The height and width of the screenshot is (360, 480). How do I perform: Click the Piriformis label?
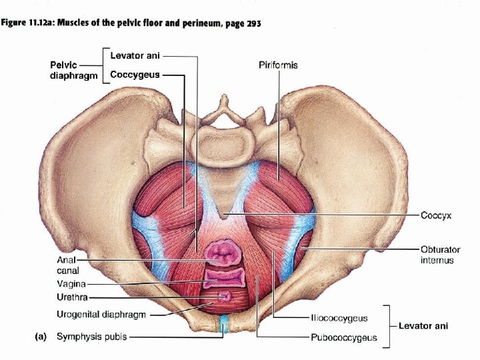[278, 65]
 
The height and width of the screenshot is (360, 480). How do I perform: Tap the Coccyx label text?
[437, 216]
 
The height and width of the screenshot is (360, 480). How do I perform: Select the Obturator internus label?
[440, 255]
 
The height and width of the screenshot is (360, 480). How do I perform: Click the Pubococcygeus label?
[343, 337]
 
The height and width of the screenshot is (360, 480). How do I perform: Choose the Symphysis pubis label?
[91, 337]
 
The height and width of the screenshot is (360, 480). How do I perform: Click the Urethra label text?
[71, 297]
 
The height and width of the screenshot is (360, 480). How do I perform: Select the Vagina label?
[70, 283]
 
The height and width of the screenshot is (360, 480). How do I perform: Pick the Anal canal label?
[68, 265]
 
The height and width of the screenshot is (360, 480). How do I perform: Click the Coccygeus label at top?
[135, 75]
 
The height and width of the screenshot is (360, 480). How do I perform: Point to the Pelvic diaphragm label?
[73, 71]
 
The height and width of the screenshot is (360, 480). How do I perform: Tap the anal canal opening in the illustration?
[224, 253]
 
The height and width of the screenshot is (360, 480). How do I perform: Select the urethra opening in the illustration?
[223, 295]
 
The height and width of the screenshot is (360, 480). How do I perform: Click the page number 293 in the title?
[253, 24]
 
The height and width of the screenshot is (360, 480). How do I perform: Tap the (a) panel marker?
[41, 337]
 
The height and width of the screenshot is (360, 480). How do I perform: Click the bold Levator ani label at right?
[423, 326]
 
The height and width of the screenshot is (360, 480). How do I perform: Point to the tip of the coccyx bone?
[225, 215]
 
